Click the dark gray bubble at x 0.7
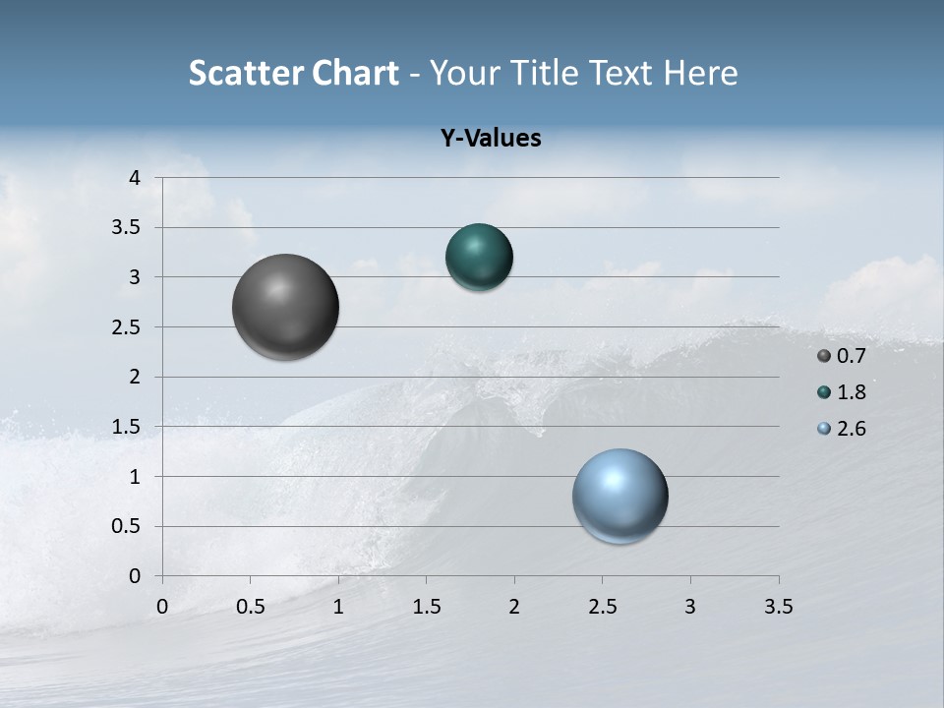tap(286, 307)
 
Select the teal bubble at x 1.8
tap(479, 257)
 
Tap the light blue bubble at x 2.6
tap(619, 496)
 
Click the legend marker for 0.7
tap(824, 356)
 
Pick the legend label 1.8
tap(852, 392)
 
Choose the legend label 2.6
tap(852, 429)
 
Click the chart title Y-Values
tap(491, 139)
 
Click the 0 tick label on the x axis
tap(162, 607)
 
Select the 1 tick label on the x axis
tap(338, 607)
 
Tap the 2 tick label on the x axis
tap(514, 607)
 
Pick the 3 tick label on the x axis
tap(690, 607)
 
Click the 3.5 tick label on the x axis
tap(778, 607)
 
